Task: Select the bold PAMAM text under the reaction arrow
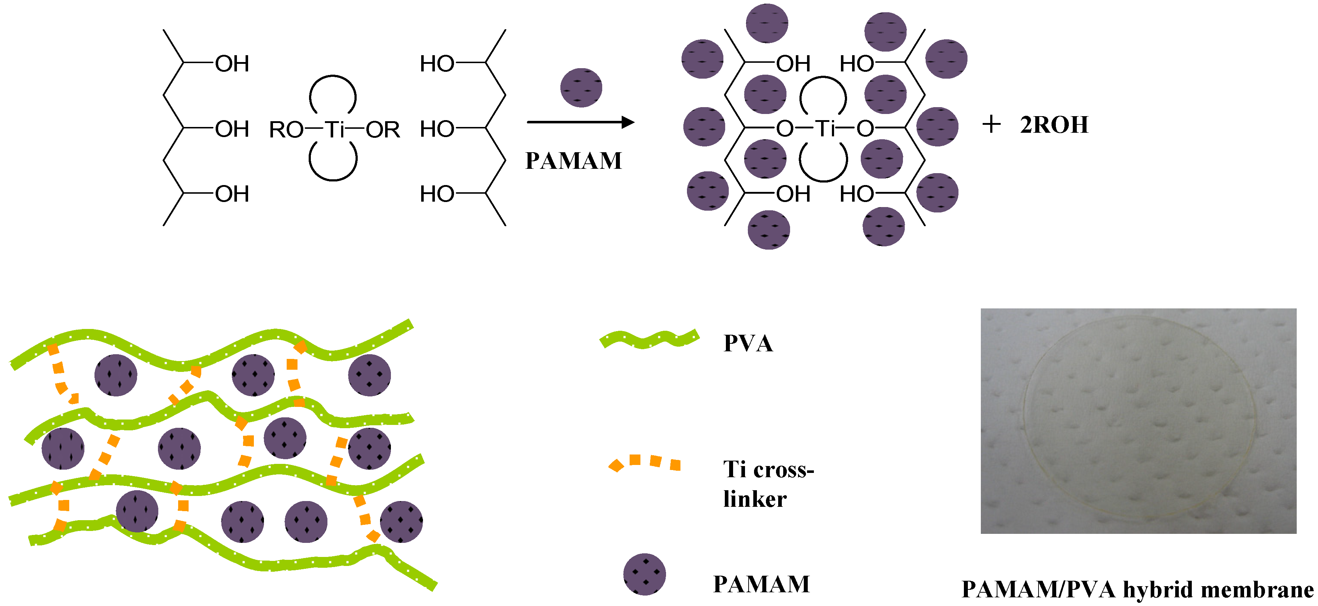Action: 574,161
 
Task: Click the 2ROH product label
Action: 1054,125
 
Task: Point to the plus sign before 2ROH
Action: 991,124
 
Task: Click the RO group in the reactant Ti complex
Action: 287,129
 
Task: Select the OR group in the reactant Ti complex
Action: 383,129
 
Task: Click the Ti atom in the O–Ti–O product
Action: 824,128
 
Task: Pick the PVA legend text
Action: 748,343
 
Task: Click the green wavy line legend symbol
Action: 649,339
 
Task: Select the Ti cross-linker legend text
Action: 767,484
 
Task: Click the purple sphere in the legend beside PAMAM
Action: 644,574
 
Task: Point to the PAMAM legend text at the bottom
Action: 761,584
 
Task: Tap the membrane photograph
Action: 1138,421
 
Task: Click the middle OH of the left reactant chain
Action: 232,129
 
